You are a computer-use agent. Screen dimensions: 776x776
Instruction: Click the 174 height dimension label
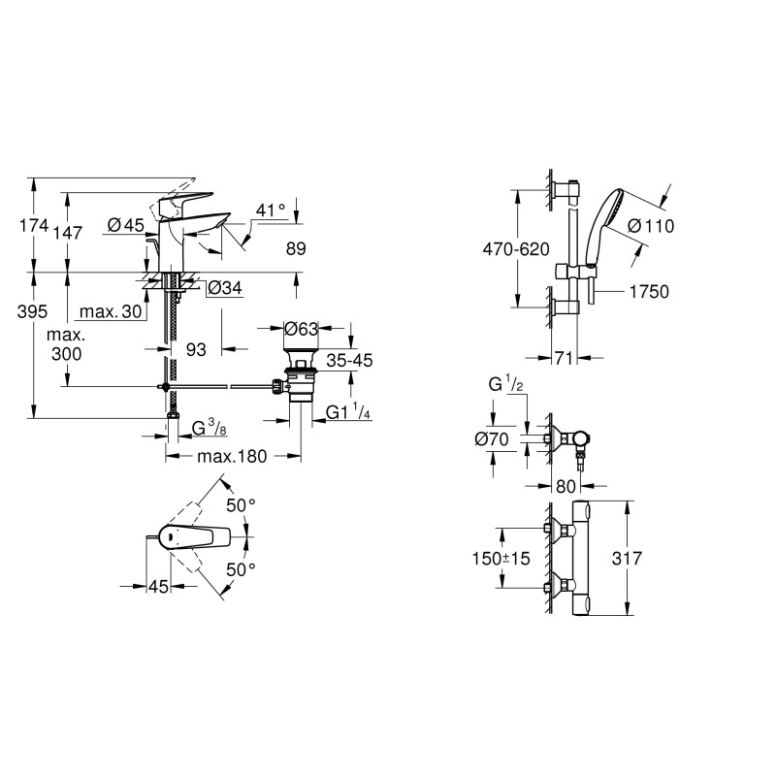pos(34,226)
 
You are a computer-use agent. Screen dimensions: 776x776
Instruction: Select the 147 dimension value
pos(68,233)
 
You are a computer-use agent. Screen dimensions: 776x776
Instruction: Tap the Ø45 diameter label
pos(126,226)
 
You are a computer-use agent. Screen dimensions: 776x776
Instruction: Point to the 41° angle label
pos(272,210)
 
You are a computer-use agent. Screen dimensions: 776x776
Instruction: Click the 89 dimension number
pos(296,248)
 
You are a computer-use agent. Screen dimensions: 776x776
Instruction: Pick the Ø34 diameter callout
pos(225,287)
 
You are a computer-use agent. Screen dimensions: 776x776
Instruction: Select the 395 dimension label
pos(33,311)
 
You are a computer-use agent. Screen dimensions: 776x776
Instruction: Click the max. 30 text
pos(111,311)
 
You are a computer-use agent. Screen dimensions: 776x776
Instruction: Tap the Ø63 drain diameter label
pos(301,329)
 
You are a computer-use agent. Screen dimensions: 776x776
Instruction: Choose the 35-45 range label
pos(349,360)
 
